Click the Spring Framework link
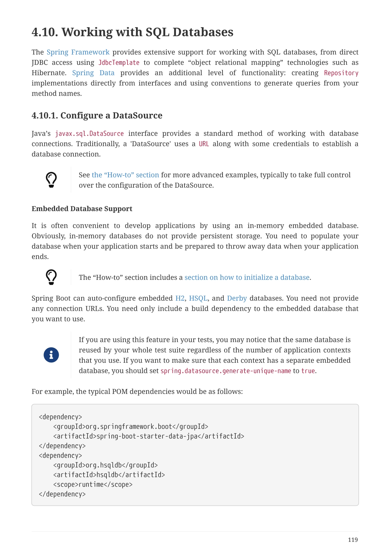click(78, 52)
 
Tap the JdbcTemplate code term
click(119, 63)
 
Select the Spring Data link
click(93, 73)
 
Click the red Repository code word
click(341, 73)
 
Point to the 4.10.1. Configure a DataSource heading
click(97, 116)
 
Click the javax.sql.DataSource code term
click(89, 134)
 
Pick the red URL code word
click(204, 144)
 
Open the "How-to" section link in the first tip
click(125, 175)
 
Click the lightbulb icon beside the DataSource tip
click(51, 180)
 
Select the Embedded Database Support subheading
click(82, 209)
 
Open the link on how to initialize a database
click(247, 278)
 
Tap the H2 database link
click(180, 298)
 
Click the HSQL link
click(198, 298)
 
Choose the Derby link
click(237, 298)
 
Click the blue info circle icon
click(51, 355)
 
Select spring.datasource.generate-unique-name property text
click(225, 371)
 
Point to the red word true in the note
click(308, 371)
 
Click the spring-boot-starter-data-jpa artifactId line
click(148, 436)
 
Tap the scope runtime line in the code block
click(93, 485)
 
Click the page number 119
click(353, 540)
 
